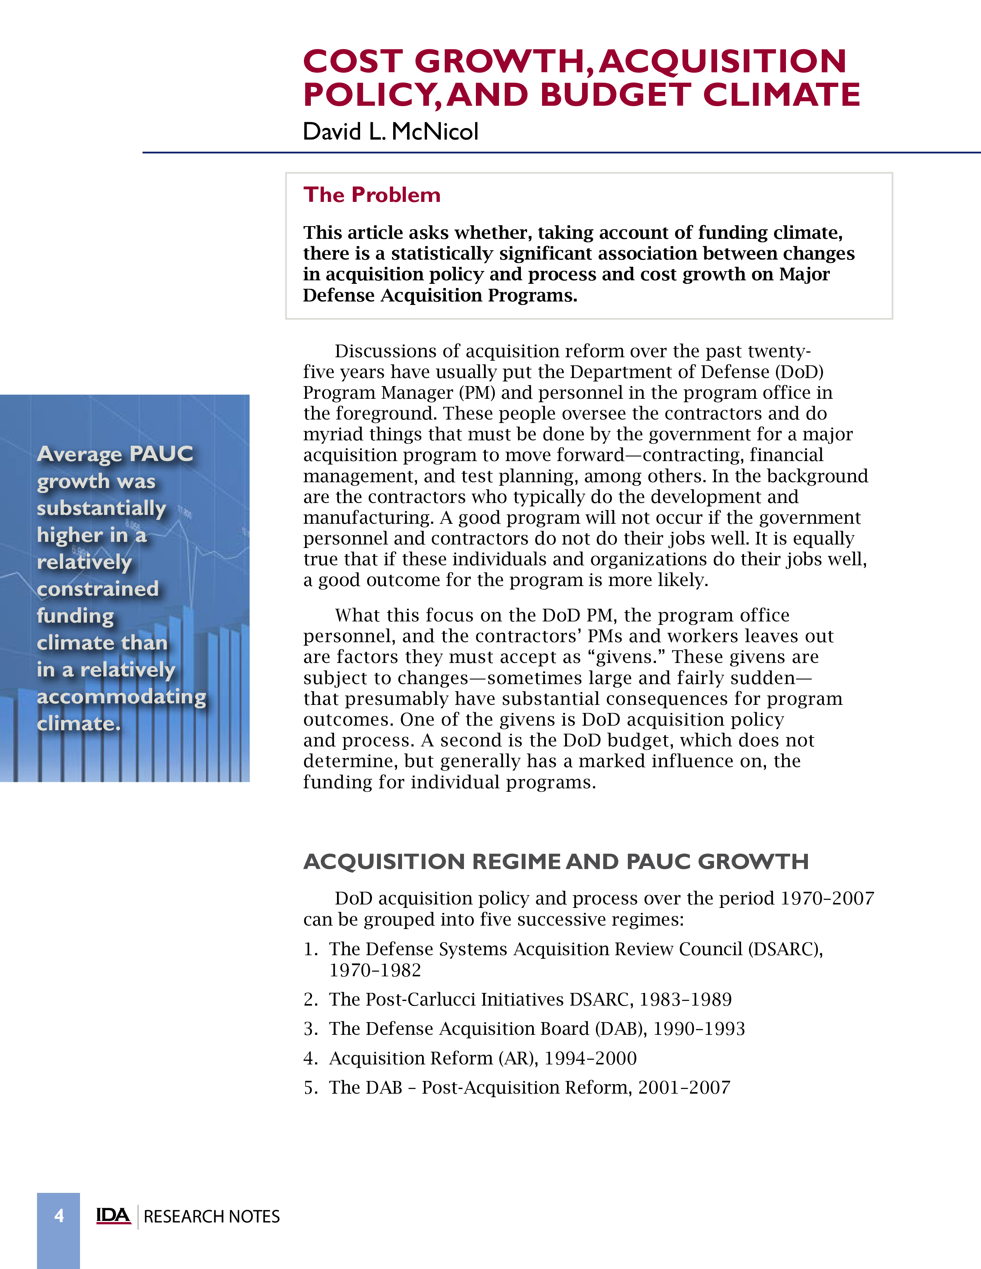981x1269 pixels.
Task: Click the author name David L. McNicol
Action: (x=390, y=132)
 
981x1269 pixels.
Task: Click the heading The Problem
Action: (x=372, y=195)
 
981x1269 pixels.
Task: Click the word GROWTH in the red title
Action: (x=499, y=61)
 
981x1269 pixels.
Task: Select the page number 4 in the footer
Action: (x=59, y=1216)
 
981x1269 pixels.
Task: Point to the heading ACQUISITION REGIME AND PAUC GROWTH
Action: (x=556, y=861)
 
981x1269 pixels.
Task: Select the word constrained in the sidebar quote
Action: (x=98, y=589)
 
